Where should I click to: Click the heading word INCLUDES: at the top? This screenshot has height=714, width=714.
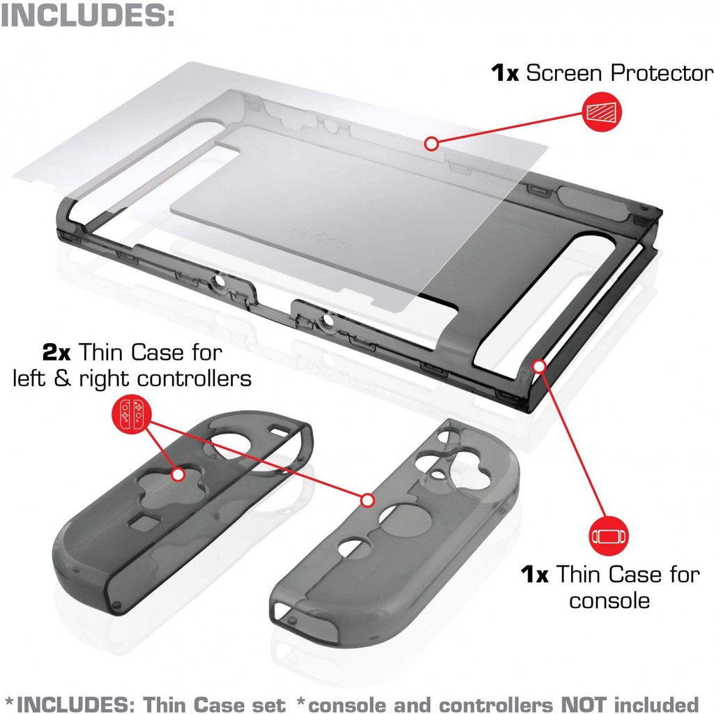coord(87,15)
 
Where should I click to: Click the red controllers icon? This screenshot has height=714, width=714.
coord(131,415)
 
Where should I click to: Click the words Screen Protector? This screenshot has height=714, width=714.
coord(619,73)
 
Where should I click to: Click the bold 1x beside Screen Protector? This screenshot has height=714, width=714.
coord(505,73)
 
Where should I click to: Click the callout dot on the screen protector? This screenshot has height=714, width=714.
coord(432,144)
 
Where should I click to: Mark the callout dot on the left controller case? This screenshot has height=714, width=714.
coord(178,474)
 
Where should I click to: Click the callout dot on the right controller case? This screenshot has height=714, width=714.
coord(367,500)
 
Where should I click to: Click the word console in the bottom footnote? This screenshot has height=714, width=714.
coord(343,703)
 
